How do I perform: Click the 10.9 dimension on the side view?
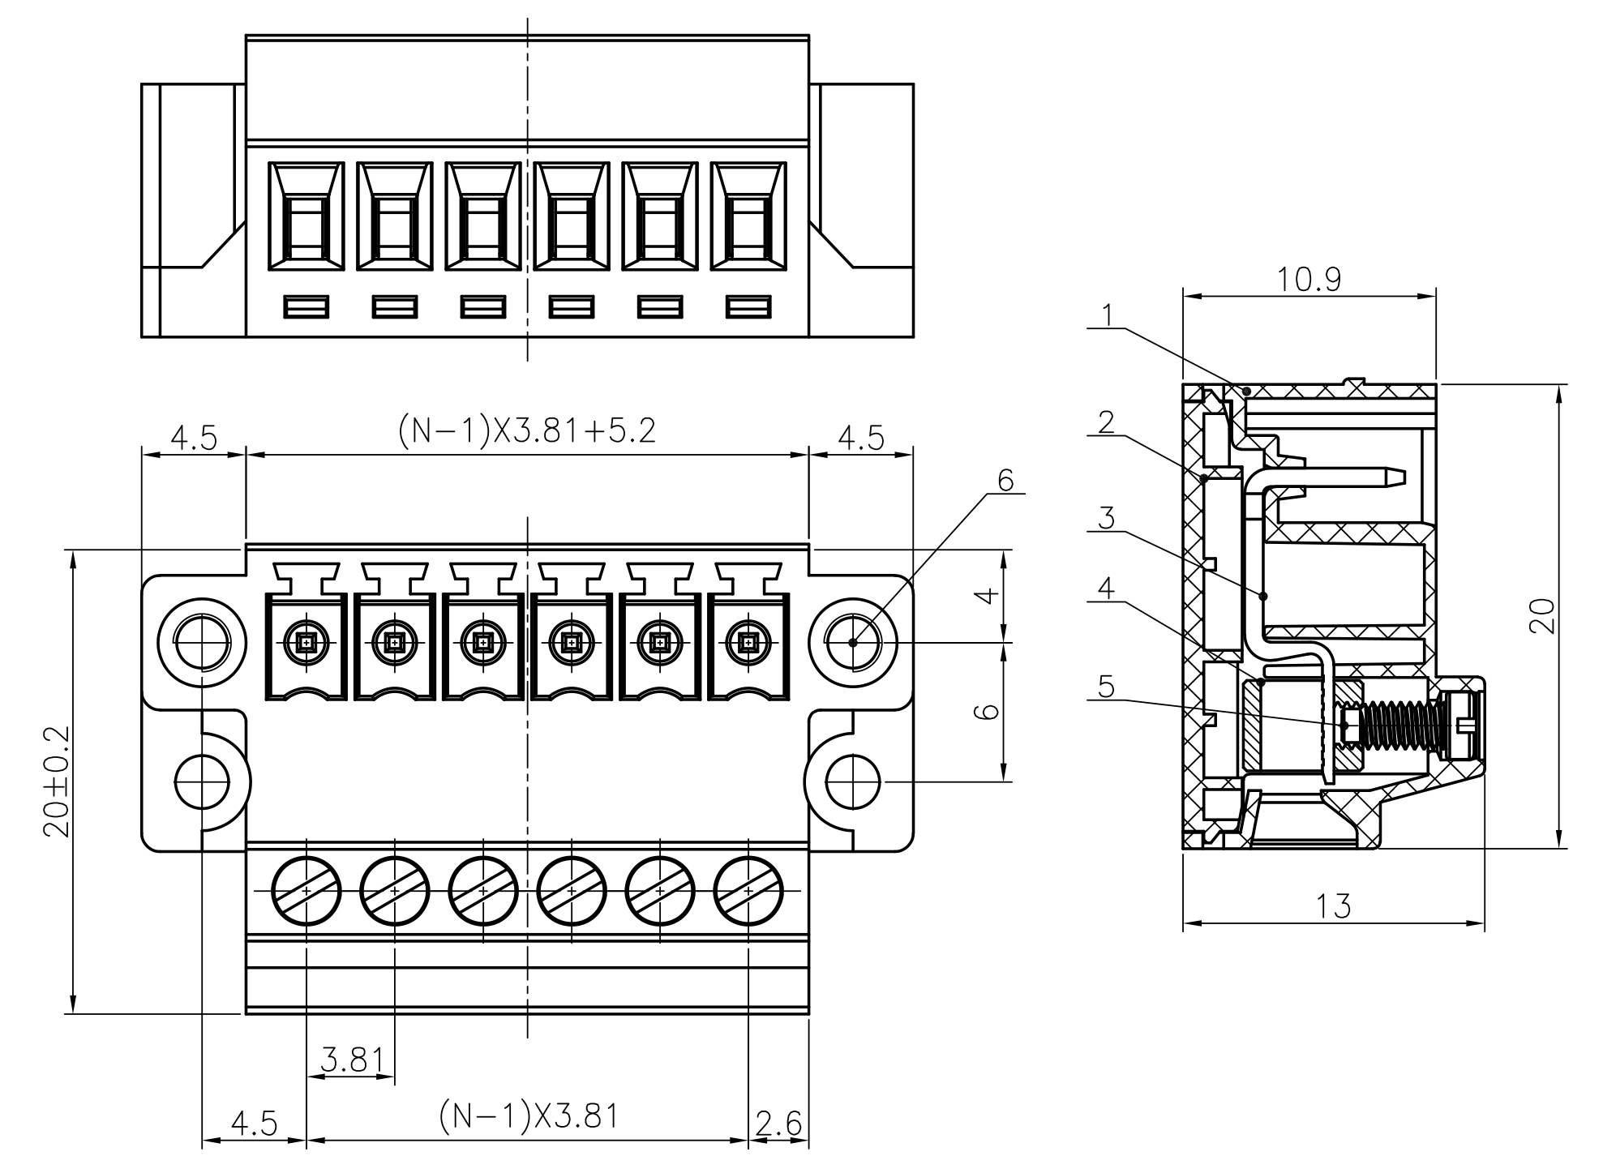(x=1309, y=279)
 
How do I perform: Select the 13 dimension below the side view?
(x=1334, y=905)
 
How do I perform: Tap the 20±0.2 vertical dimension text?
(x=58, y=781)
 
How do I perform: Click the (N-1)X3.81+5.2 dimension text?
(x=527, y=430)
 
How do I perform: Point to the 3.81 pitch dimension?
(x=351, y=1060)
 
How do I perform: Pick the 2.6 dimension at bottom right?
(x=778, y=1124)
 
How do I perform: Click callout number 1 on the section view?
(x=1108, y=315)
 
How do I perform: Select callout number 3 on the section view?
(x=1107, y=517)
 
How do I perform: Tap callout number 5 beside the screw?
(x=1106, y=687)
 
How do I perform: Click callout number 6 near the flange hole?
(x=1005, y=480)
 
